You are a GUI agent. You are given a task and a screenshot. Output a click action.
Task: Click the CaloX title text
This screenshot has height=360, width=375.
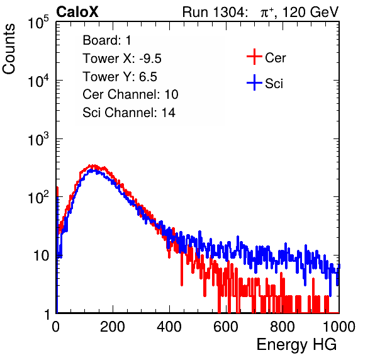point(77,12)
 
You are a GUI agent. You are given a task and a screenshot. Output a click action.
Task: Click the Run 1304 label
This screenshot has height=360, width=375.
point(214,12)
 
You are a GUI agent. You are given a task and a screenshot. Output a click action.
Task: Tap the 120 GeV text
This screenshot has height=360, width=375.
point(311,12)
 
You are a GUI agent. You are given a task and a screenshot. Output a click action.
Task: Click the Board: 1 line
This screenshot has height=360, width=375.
point(107,40)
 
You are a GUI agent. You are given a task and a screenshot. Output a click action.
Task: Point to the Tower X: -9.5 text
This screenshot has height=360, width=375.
point(122,59)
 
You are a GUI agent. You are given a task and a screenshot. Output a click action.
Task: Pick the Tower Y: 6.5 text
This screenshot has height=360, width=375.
point(120,77)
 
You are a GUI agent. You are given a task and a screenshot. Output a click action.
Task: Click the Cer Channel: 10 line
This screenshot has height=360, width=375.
point(130,94)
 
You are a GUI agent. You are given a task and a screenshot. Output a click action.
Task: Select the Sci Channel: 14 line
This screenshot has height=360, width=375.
point(129,113)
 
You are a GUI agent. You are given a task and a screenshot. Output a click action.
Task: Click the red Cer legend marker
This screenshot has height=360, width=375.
point(254,57)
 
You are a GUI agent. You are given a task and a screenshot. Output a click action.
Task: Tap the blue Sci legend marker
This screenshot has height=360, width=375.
point(254,83)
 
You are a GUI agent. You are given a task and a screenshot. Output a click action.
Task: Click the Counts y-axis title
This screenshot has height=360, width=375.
point(9,49)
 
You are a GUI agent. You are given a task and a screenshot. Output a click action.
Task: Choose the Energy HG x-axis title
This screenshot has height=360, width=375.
point(296,345)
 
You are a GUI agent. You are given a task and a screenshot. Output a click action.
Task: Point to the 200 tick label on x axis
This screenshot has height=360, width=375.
point(113,327)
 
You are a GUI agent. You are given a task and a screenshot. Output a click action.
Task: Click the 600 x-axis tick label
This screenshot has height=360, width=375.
point(226,327)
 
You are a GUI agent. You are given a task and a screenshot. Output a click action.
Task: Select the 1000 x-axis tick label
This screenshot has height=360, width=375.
point(339,327)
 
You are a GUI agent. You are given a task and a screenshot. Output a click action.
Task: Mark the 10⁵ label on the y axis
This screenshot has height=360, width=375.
point(38,22)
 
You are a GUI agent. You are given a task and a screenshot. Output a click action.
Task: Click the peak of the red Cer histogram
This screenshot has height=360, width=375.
point(91,166)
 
